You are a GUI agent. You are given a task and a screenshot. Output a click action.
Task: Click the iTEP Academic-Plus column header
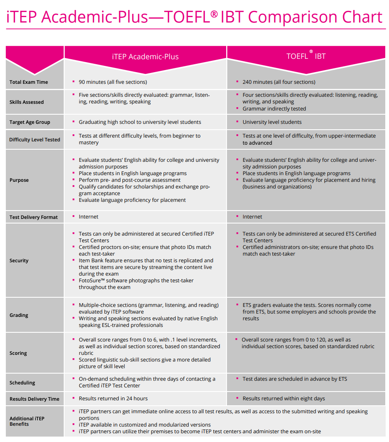(x=145, y=57)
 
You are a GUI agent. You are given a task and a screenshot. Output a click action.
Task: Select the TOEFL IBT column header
(x=306, y=56)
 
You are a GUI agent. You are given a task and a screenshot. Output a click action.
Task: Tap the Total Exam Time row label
(x=29, y=82)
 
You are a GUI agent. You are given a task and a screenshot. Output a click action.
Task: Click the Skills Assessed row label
(x=27, y=102)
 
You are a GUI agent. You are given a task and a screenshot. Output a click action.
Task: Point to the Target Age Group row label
(x=30, y=122)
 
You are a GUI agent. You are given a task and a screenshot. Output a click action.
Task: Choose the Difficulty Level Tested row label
(x=35, y=140)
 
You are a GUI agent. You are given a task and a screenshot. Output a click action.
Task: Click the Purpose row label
(x=19, y=180)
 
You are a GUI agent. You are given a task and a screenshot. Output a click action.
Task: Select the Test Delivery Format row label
(x=34, y=217)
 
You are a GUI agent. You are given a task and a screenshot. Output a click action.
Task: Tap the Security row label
(x=19, y=261)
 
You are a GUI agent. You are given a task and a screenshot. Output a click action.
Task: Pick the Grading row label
(x=19, y=315)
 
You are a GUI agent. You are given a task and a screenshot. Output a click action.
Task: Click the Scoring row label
(x=18, y=353)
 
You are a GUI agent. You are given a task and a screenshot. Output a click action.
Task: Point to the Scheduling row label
(x=22, y=383)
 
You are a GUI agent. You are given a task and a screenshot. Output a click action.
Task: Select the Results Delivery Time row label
(x=35, y=399)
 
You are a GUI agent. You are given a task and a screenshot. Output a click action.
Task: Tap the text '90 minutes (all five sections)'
(x=112, y=82)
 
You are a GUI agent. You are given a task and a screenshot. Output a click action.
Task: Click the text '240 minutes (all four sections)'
(x=279, y=82)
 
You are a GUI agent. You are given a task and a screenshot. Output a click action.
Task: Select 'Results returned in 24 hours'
(x=113, y=399)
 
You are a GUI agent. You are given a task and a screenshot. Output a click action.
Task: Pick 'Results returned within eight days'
(x=284, y=399)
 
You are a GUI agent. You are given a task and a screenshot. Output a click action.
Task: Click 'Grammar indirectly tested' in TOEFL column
(x=274, y=109)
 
